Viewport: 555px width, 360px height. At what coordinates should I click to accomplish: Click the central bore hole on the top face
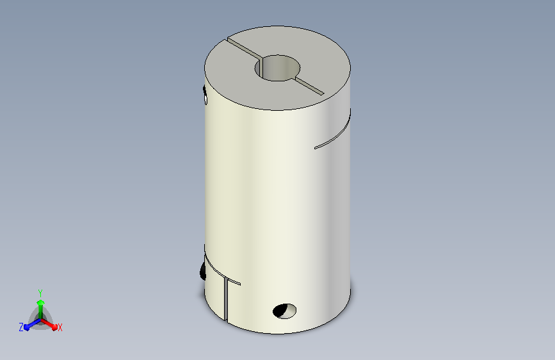(278, 68)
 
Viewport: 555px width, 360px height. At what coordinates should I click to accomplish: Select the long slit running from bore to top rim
(245, 48)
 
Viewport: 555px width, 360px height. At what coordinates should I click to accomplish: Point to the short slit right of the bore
(309, 85)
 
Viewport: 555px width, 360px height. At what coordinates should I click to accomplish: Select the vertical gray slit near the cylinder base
(225, 299)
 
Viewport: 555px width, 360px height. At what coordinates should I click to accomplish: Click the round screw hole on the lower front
(285, 311)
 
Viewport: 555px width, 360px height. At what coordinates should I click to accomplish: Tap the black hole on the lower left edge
(203, 271)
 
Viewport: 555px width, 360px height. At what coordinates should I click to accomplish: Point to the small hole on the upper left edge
(205, 95)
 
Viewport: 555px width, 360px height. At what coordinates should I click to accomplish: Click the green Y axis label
(40, 293)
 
